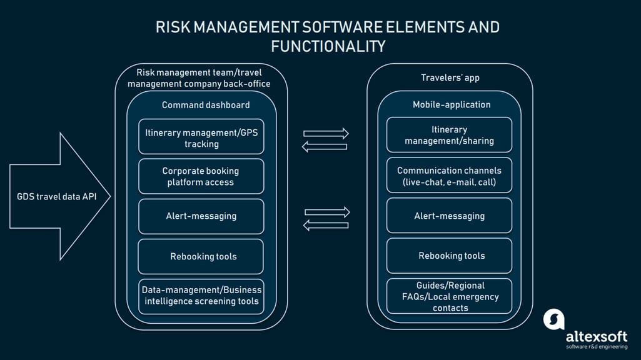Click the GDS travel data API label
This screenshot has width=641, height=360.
pos(57,196)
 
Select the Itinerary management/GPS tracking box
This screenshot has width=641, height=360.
pos(201,136)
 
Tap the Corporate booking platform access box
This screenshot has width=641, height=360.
pos(201,176)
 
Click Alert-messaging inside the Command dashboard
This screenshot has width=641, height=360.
pos(201,216)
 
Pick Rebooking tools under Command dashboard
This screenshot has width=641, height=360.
pos(201,256)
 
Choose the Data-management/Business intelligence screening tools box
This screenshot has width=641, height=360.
pos(201,297)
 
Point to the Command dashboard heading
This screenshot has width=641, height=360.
pos(206,105)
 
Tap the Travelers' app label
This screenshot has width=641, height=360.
pos(450,77)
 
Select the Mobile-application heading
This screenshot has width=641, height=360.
pos(452,104)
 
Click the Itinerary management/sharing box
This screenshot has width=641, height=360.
pos(449,135)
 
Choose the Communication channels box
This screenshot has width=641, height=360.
pos(449,175)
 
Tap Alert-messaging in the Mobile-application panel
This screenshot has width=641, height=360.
pos(449,216)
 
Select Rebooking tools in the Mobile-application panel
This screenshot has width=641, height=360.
pos(449,256)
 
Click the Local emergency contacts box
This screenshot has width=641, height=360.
pos(449,296)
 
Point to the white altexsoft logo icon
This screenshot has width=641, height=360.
pos(554,319)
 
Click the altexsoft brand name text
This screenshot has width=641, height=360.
pos(597,337)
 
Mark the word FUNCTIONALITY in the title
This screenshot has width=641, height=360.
pos(328,46)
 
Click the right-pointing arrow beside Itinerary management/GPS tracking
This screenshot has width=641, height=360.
pos(326,133)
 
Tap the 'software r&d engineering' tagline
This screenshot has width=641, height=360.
pos(597,347)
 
